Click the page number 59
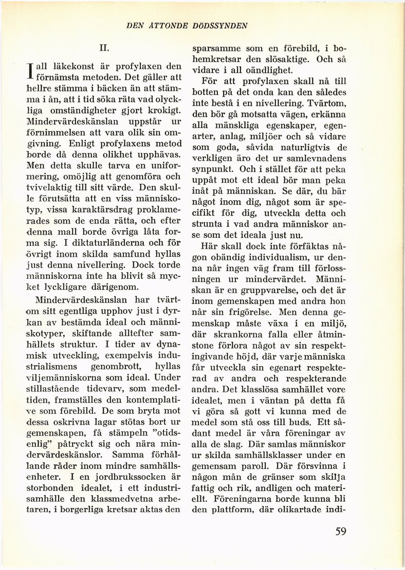point(341,531)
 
